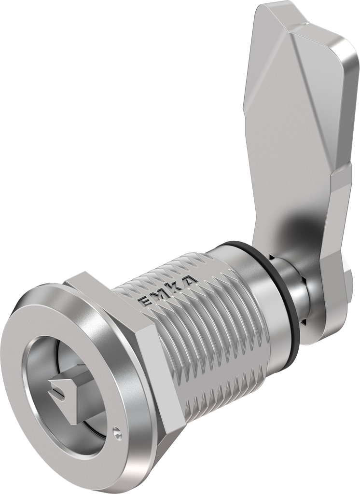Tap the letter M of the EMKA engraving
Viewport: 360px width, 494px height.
pyautogui.click(x=160, y=293)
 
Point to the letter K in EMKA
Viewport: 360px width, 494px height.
pyautogui.click(x=176, y=286)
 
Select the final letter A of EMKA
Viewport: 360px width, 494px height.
pyautogui.click(x=191, y=278)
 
